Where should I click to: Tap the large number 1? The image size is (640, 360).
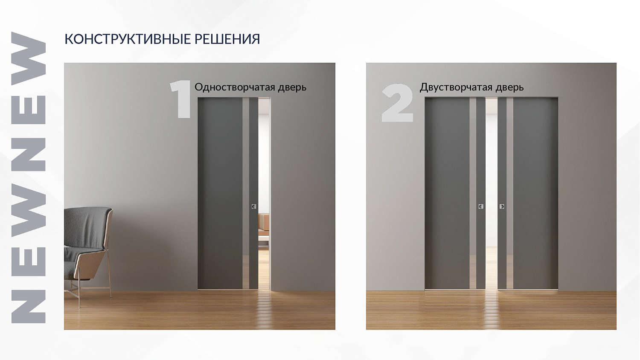181,99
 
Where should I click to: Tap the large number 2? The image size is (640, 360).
397,103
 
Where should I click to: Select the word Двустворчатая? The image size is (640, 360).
457,87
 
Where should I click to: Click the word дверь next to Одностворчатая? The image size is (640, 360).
292,87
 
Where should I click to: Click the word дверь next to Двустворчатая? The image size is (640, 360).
509,87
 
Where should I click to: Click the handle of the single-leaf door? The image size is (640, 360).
254,206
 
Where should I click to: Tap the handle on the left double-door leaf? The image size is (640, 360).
481,206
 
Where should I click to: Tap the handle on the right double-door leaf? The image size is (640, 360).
502,206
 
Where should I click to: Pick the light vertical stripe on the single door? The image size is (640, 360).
246,192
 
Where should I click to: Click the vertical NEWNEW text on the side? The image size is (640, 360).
28,177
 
